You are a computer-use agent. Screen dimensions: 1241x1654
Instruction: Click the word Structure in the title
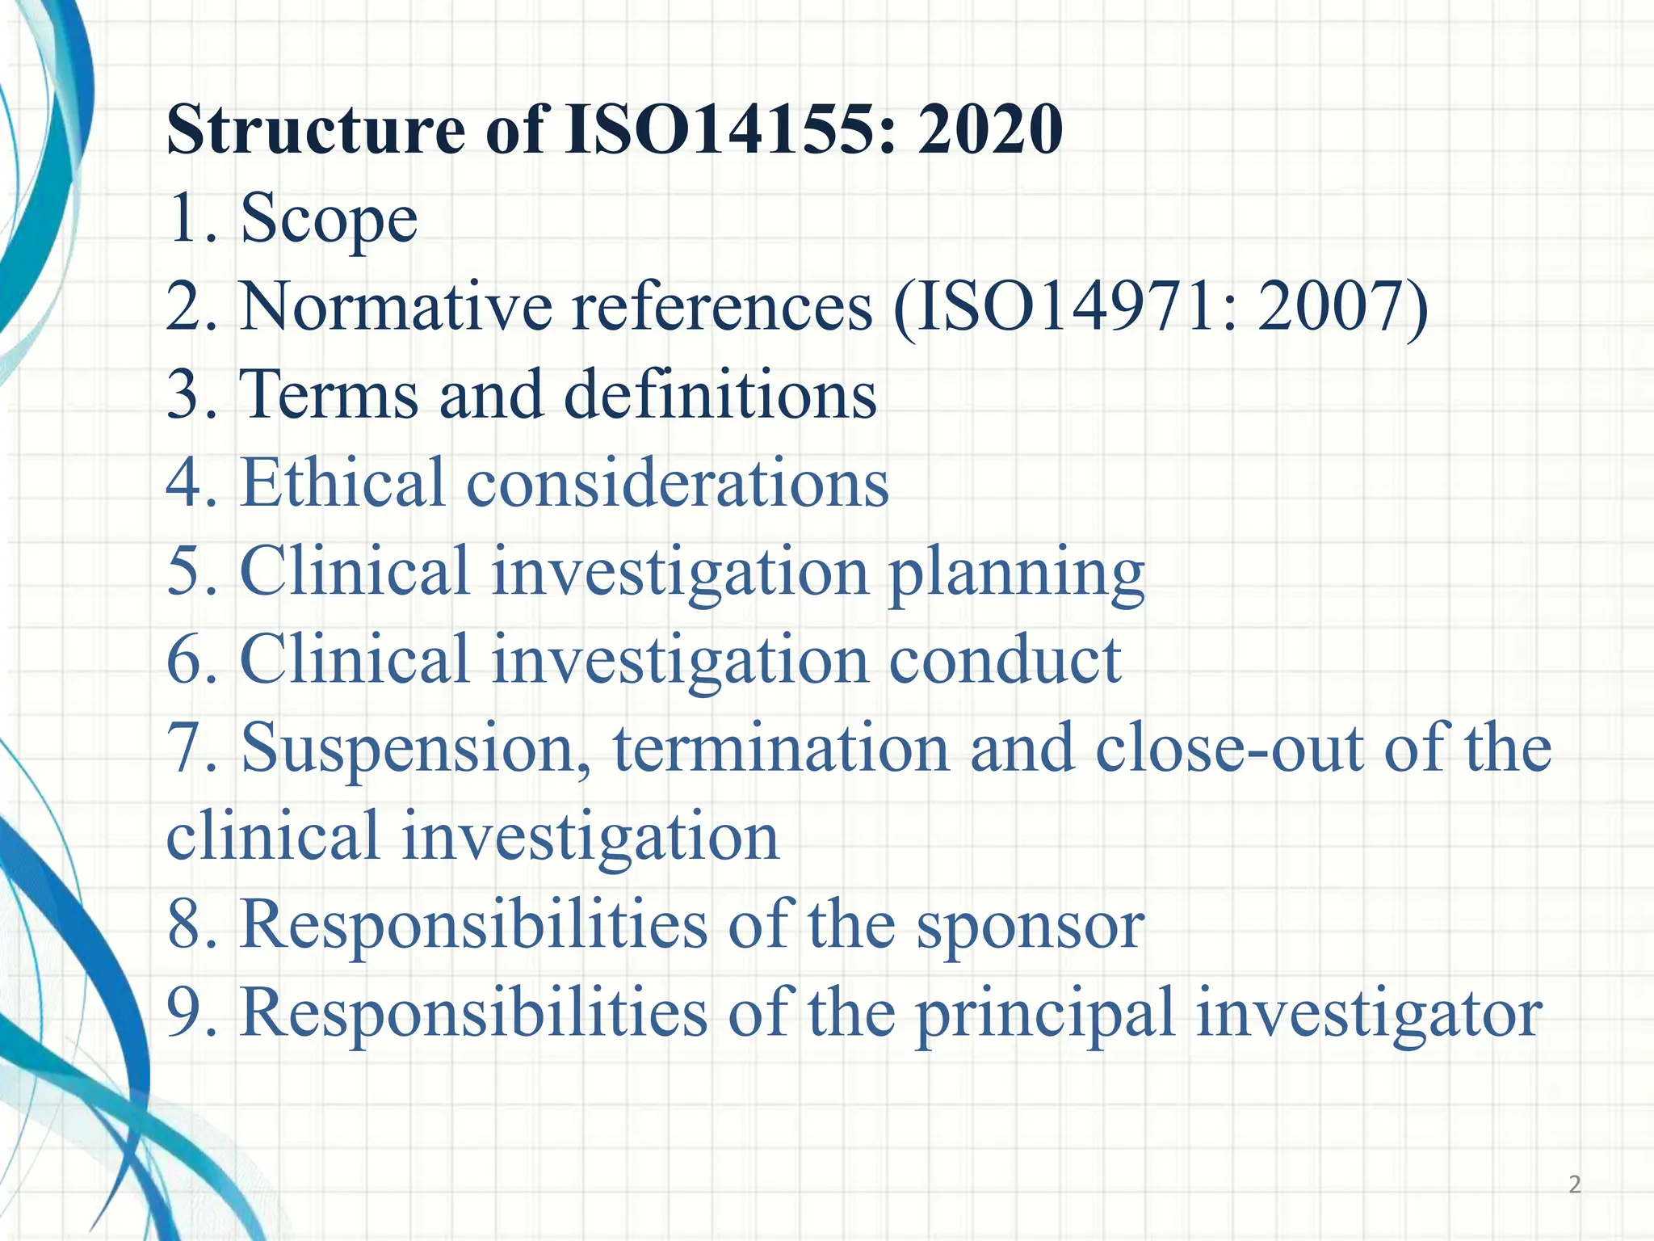tap(316, 131)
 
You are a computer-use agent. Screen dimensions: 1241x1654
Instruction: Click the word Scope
tap(329, 219)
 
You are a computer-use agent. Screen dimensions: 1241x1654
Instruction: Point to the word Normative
tap(396, 307)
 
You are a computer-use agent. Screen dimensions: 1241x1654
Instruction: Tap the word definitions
tap(720, 395)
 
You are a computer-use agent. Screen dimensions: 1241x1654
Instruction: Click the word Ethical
tap(342, 483)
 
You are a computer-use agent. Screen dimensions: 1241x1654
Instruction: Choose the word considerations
tap(678, 483)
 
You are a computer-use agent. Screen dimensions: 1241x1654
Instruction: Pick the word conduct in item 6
tap(1005, 660)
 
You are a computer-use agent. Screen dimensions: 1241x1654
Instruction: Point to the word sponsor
tap(1030, 927)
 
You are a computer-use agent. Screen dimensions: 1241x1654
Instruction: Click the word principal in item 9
tap(1045, 1016)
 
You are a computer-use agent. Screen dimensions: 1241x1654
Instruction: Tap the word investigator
tap(1369, 1016)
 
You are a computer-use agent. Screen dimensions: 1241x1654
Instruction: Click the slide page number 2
tap(1574, 1185)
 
